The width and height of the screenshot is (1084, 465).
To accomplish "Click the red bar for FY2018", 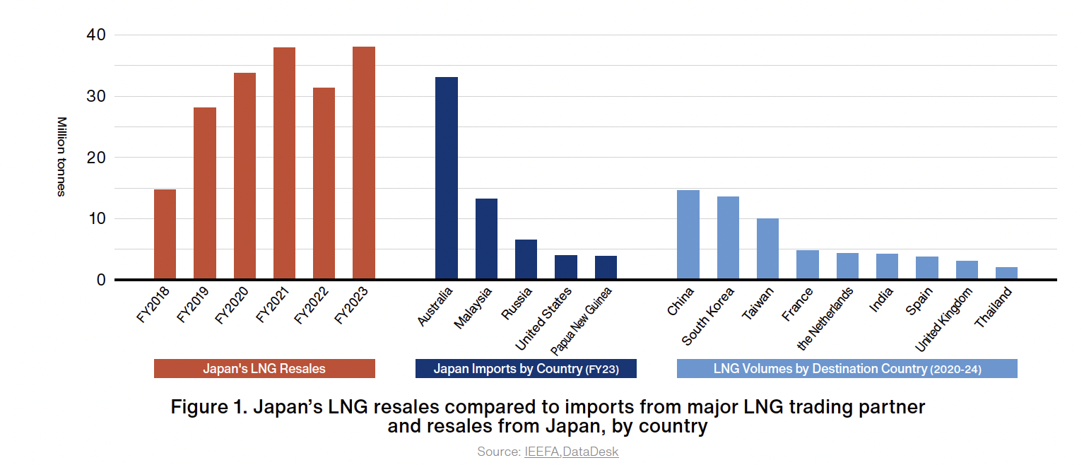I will (x=165, y=234).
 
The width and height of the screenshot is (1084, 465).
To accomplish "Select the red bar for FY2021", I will (x=284, y=163).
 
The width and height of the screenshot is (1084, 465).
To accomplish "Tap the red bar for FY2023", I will (x=363, y=163).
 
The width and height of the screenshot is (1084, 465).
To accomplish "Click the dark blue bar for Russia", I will (x=526, y=259).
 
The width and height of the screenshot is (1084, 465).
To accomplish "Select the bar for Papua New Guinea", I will (x=606, y=267).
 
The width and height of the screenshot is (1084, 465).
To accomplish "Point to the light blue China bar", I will (x=688, y=235).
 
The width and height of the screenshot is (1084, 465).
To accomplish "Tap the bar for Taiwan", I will (x=767, y=249).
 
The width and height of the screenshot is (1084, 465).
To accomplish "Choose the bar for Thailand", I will (x=1006, y=273).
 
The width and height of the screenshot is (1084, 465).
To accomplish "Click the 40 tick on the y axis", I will (x=96, y=35).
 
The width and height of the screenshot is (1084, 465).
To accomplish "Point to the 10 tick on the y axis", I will (x=96, y=218).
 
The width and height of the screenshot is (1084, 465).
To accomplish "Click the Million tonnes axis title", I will (x=61, y=157).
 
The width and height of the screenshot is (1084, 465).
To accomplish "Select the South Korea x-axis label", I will (x=709, y=316).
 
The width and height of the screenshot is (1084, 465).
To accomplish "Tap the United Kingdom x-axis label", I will (x=944, y=319).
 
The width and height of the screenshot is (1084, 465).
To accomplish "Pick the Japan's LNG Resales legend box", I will (x=264, y=369).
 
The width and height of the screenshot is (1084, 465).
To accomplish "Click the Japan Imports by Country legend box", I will (x=526, y=369).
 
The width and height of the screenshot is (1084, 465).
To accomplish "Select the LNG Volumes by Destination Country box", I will (x=847, y=369).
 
